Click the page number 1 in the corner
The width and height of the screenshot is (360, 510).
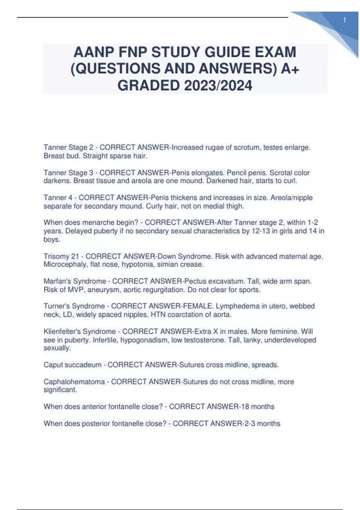pyautogui.click(x=344, y=20)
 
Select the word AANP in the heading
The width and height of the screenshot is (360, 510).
pyautogui.click(x=93, y=52)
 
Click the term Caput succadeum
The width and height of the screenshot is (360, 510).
pyautogui.click(x=72, y=365)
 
